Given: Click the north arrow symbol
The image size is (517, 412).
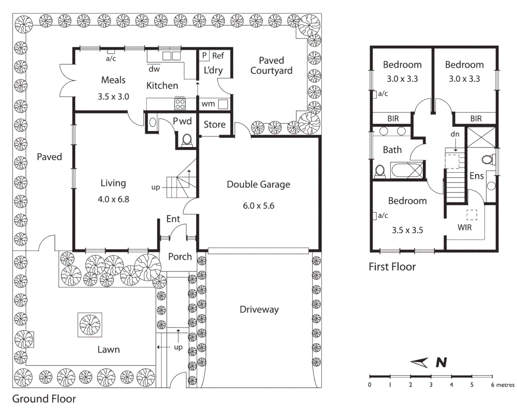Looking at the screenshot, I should tap(419, 363).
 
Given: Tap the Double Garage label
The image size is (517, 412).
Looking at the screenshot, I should tap(258, 185).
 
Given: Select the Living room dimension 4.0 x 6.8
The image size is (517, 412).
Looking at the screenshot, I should tap(113, 199).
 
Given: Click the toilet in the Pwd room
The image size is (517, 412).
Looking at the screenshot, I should tap(187, 140).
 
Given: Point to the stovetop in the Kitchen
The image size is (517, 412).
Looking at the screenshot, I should tap(180, 104).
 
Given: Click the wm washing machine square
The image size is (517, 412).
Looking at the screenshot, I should tap(223, 104).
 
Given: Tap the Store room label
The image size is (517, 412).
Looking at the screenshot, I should tap(214, 125).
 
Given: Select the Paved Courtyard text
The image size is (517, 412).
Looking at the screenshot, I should tap(271, 66).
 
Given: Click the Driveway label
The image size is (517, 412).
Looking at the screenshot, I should tap(259, 309).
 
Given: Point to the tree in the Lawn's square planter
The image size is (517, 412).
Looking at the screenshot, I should tap(90, 325).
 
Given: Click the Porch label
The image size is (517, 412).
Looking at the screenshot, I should tap(180, 257).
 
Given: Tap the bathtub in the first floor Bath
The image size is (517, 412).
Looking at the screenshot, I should tap(407, 170).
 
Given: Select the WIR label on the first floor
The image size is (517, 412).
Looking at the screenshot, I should tap(464, 228).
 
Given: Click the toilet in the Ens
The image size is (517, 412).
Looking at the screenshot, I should tap(487, 159).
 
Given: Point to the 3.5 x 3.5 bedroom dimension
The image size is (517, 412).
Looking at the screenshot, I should tap(407, 230).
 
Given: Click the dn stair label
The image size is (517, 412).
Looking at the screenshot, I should tap(455, 134).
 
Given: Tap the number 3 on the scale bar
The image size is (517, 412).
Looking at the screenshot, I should tap(431, 385).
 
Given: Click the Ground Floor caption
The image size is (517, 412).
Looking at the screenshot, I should tap(44, 399).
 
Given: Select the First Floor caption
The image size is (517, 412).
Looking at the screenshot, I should tap(392, 267).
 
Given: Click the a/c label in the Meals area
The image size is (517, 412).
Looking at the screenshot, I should tap(111, 59).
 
